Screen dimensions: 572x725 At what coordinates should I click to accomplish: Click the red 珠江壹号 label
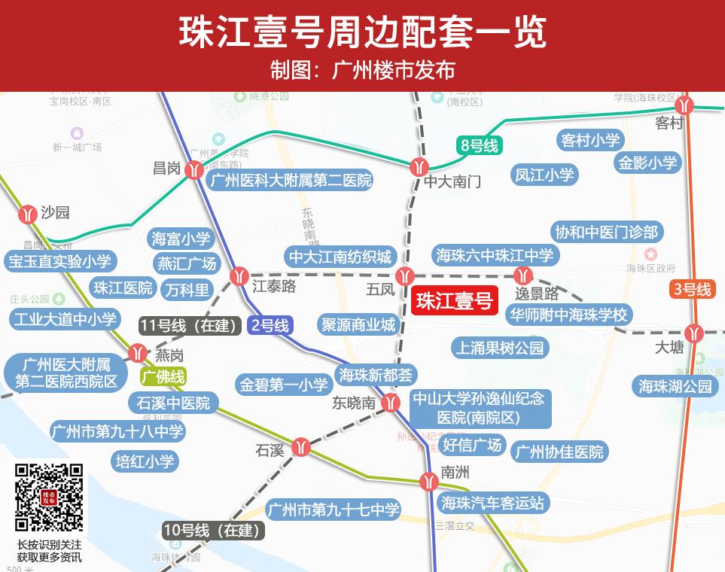click(x=454, y=301)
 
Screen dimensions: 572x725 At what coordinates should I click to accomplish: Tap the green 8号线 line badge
click(x=479, y=145)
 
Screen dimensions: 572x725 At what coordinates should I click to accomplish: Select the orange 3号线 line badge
click(x=692, y=289)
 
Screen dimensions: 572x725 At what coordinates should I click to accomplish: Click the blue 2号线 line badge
click(x=269, y=326)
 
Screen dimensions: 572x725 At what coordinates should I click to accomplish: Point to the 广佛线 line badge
click(x=163, y=376)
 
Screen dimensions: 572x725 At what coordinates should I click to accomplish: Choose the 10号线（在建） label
click(x=213, y=530)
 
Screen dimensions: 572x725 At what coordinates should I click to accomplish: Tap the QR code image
click(x=49, y=499)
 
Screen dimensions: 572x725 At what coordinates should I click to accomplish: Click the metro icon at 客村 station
click(x=684, y=105)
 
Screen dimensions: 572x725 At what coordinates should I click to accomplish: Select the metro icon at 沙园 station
click(x=29, y=214)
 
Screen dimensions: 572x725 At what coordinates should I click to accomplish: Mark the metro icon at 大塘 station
click(x=693, y=332)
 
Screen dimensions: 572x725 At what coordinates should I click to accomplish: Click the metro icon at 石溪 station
click(x=301, y=448)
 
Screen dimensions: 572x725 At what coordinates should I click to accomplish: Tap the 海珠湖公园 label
click(x=675, y=386)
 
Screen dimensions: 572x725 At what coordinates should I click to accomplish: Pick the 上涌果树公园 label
click(x=499, y=348)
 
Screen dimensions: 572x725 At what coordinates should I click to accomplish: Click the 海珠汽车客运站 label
click(x=493, y=503)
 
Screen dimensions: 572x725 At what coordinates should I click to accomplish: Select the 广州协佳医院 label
click(x=559, y=452)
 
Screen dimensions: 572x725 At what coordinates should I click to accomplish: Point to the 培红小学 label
click(x=145, y=461)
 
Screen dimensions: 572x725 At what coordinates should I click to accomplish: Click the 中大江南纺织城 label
click(x=341, y=257)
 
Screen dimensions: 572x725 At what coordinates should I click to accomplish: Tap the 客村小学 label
click(x=590, y=141)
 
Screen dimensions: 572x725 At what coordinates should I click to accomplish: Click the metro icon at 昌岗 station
click(x=194, y=170)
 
